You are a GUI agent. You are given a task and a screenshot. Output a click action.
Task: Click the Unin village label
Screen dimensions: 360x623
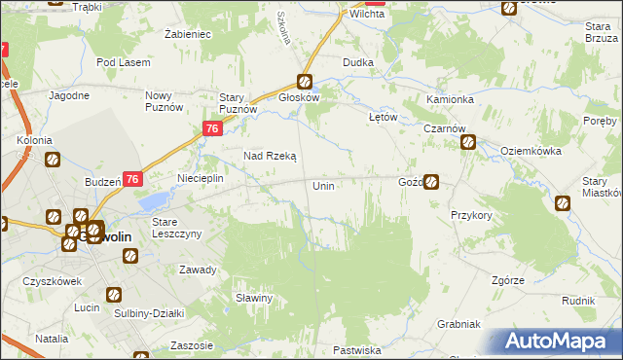click(324, 185)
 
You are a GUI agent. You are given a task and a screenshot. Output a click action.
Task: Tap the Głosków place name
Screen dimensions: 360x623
click(300, 97)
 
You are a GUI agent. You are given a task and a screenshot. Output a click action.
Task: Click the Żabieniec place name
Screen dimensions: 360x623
click(189, 33)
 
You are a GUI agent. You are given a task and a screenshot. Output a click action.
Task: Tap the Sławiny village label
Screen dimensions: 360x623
click(252, 298)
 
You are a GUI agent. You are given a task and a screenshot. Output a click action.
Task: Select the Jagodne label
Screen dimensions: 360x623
click(68, 95)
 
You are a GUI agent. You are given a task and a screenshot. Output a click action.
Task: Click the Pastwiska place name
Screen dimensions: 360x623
click(356, 349)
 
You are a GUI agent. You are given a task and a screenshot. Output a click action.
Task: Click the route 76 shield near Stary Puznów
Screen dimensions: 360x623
click(213, 129)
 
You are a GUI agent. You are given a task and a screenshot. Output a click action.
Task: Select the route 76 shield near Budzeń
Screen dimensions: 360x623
click(133, 179)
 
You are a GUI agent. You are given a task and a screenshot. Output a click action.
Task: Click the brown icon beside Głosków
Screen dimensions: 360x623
click(305, 83)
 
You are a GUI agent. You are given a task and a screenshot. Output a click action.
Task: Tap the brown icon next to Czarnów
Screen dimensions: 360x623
click(467, 142)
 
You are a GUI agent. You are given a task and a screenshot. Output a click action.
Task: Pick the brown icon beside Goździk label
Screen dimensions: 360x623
click(431, 181)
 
